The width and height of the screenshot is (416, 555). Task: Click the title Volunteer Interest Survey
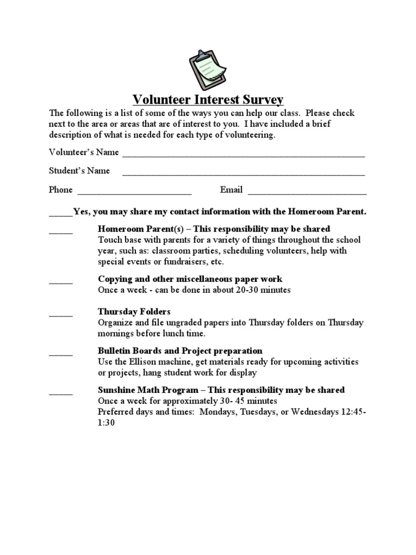click(208, 100)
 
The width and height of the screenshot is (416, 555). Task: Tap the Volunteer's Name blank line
click(243, 155)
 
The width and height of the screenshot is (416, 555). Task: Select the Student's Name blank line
click(243, 174)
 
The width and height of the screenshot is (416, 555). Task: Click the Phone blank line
click(135, 193)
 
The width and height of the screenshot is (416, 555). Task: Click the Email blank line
click(307, 193)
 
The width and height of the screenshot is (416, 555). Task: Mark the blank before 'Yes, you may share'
click(60, 214)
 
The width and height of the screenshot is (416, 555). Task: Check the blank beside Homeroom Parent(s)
click(61, 231)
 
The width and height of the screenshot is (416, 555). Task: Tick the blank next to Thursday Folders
click(61, 314)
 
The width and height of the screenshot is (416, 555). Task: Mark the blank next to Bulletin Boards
click(61, 353)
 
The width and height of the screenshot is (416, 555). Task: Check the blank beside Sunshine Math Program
click(61, 393)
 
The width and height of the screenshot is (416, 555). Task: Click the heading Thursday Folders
click(134, 312)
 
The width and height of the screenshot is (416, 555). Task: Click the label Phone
click(61, 190)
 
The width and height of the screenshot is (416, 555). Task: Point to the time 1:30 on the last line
click(106, 422)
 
